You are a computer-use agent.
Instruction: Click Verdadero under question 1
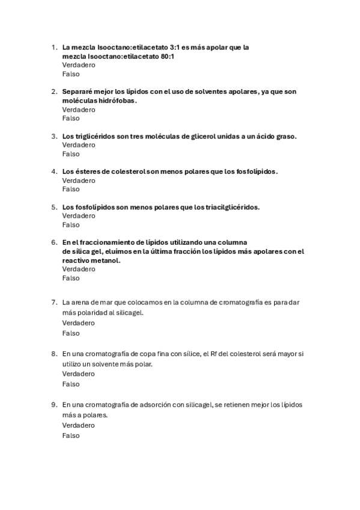pyautogui.click(x=78, y=65)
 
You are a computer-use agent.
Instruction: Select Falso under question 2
pyautogui.click(x=71, y=118)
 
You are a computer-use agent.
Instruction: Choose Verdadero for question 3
pyautogui.click(x=78, y=145)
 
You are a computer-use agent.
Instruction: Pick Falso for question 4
pyautogui.click(x=71, y=189)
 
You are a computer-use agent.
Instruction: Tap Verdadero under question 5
pyautogui.click(x=78, y=215)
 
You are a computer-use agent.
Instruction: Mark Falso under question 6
pyautogui.click(x=71, y=278)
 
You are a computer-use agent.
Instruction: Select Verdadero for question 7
pyautogui.click(x=78, y=323)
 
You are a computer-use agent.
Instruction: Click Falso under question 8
pyautogui.click(x=71, y=384)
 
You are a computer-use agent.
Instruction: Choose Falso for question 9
pyautogui.click(x=71, y=435)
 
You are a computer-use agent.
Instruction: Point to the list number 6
pyautogui.click(x=54, y=242)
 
